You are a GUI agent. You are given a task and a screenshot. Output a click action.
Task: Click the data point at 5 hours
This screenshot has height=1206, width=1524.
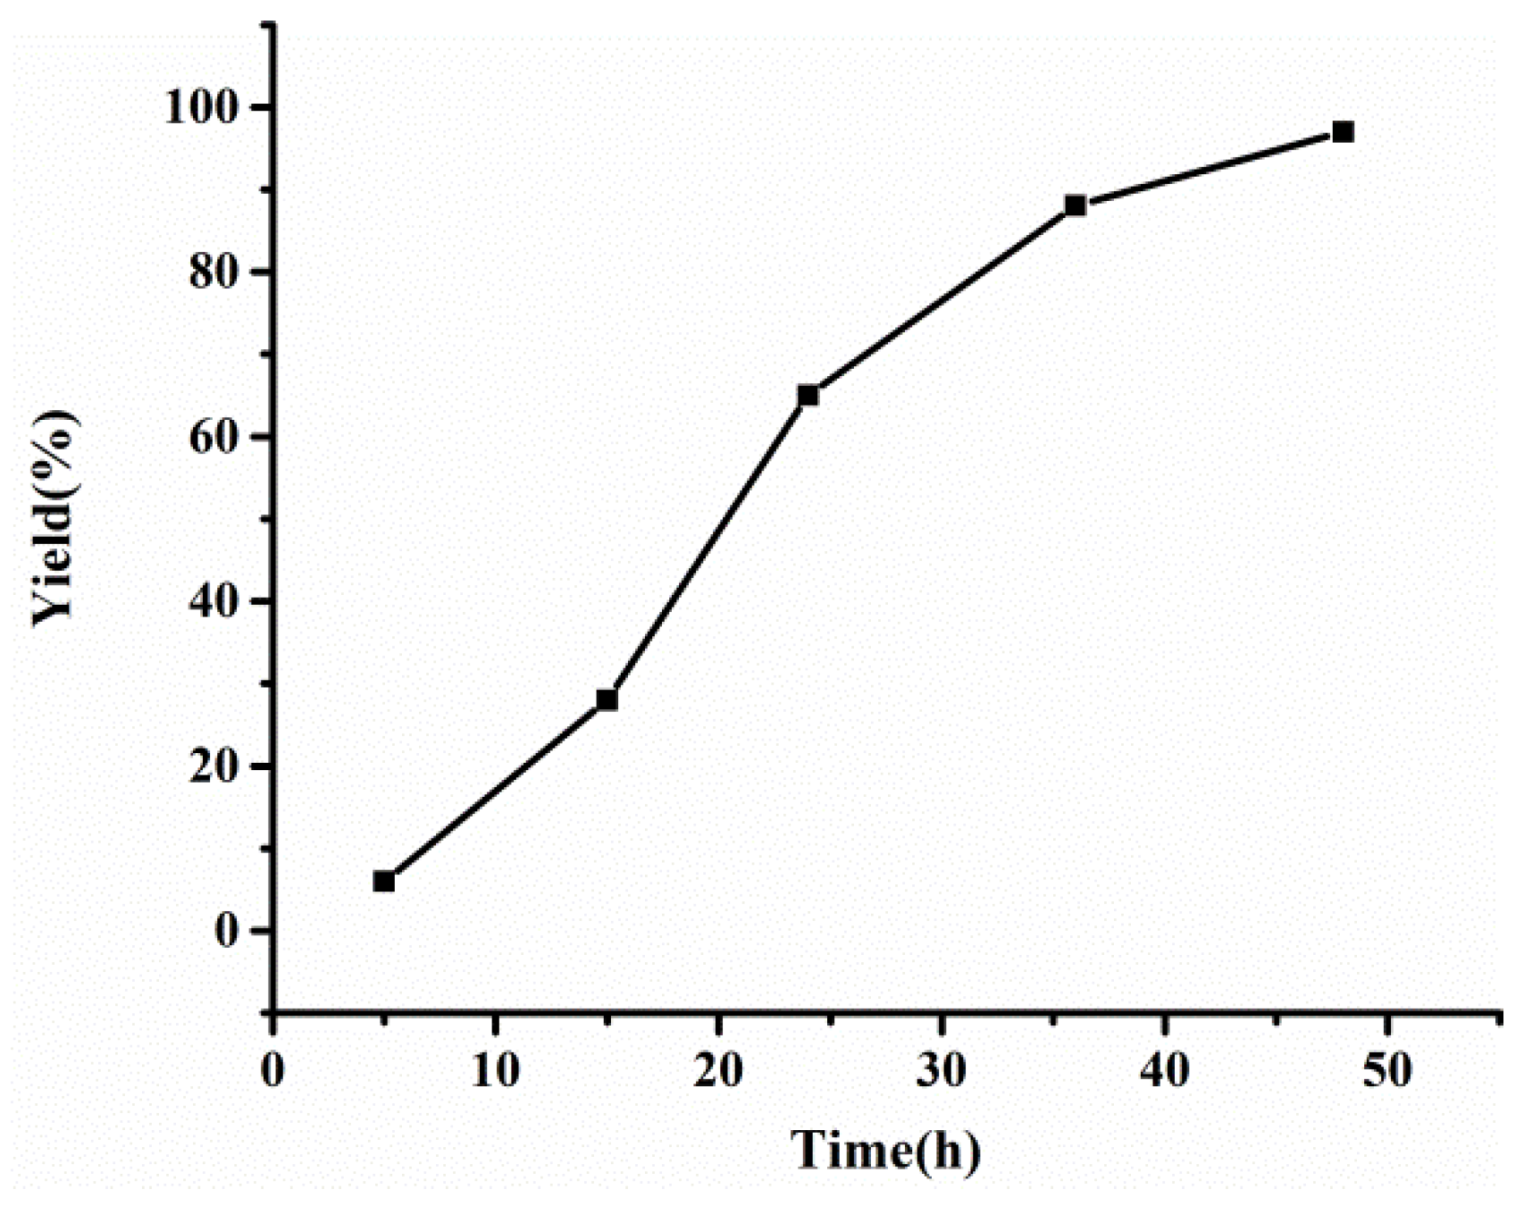click(384, 882)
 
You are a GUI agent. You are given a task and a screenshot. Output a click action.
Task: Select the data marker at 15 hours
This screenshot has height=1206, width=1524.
click(607, 699)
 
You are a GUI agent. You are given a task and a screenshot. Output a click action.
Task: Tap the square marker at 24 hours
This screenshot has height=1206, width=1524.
click(808, 395)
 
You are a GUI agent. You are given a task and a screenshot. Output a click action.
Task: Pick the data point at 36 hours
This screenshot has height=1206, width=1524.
click(1076, 205)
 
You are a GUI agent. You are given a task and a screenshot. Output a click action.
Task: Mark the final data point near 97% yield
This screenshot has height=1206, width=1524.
click(1343, 132)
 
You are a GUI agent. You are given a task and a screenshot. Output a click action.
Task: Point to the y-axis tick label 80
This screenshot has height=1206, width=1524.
click(214, 272)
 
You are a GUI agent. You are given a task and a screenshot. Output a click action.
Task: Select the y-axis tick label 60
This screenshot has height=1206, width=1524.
click(214, 438)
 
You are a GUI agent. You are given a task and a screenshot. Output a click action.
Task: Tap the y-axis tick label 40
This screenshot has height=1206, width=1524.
click(214, 602)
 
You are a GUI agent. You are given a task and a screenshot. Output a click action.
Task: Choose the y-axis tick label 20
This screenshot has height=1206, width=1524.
click(214, 767)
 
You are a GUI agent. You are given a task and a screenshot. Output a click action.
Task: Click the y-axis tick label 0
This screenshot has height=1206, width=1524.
click(228, 932)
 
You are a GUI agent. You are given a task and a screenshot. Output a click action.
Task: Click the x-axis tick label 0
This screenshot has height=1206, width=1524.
click(272, 1069)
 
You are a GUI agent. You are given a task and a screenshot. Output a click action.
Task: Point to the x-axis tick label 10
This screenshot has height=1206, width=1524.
click(496, 1069)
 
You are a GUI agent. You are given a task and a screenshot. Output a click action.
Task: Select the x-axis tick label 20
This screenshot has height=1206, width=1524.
click(719, 1069)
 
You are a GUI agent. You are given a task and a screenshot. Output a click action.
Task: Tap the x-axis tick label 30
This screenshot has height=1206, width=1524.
click(942, 1069)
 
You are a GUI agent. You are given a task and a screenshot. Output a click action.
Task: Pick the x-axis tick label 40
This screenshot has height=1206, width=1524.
click(1165, 1069)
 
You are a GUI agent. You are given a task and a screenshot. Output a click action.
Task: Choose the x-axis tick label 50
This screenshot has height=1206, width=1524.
click(1387, 1069)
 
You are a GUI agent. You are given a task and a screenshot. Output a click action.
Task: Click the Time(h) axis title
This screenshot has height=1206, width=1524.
click(886, 1151)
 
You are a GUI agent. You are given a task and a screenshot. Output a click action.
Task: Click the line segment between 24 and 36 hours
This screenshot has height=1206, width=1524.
click(942, 300)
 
